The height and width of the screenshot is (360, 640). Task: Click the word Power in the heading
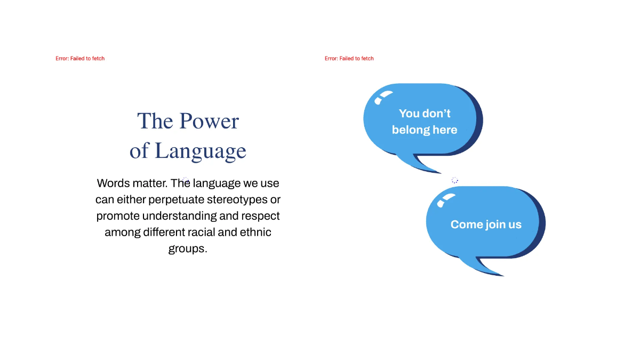(209, 121)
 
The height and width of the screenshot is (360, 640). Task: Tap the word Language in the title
(201, 151)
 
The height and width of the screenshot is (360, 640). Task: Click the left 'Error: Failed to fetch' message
(80, 59)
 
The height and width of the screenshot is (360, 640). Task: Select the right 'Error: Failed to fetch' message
(349, 59)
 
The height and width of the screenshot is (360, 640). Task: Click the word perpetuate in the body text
(177, 199)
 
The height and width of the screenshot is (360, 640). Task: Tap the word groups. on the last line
(188, 249)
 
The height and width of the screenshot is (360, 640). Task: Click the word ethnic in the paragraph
(255, 233)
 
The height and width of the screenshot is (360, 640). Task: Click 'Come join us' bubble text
(486, 225)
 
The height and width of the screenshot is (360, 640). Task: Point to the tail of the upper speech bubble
(423, 164)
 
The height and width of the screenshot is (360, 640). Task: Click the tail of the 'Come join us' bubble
(486, 267)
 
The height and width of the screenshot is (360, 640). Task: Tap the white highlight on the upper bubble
(383, 97)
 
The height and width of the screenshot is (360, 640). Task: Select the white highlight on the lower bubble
(446, 199)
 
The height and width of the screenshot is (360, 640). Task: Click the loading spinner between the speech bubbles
(454, 180)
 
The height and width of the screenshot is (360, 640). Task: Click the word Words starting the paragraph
(114, 183)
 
